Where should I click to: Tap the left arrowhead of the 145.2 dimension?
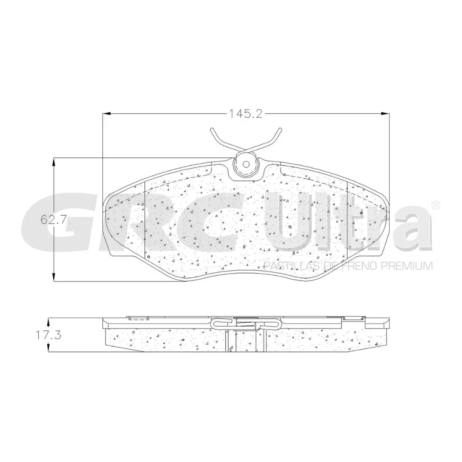coord(106,114)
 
